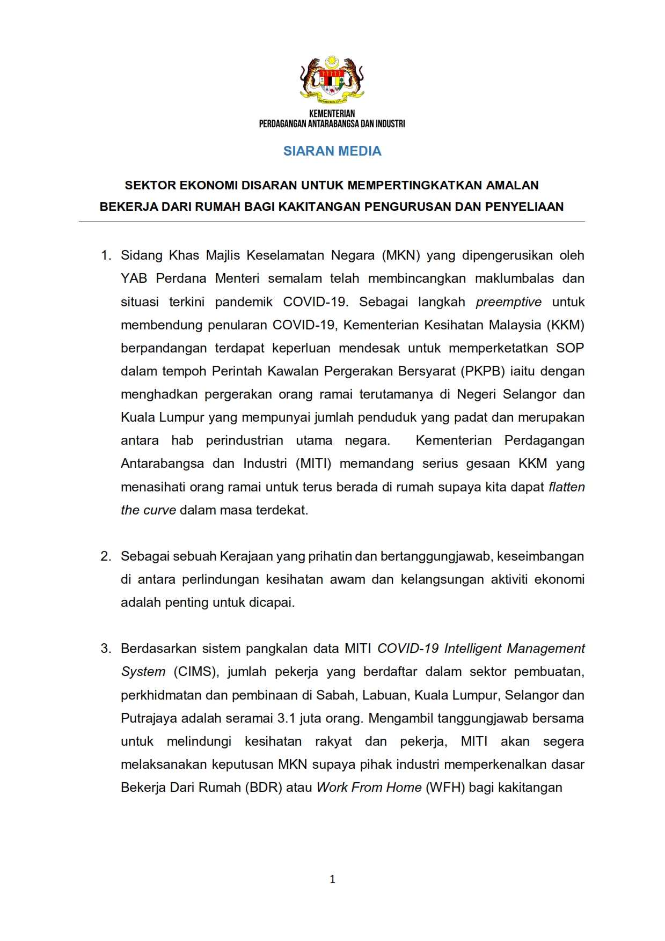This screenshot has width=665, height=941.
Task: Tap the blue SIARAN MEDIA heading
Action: pos(332,151)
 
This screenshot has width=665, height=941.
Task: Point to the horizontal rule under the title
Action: pos(332,222)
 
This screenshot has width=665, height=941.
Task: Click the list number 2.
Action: pos(106,556)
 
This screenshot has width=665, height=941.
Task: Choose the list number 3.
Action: pos(106,649)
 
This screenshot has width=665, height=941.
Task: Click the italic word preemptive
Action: pos(508,302)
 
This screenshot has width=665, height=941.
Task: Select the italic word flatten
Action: pos(566,487)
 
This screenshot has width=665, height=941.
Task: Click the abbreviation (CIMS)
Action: pos(194,672)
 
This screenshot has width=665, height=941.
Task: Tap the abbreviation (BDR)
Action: pos(264,788)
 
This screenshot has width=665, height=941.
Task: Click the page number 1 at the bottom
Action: pos(332,879)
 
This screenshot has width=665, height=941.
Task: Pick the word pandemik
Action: pos(244,302)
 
